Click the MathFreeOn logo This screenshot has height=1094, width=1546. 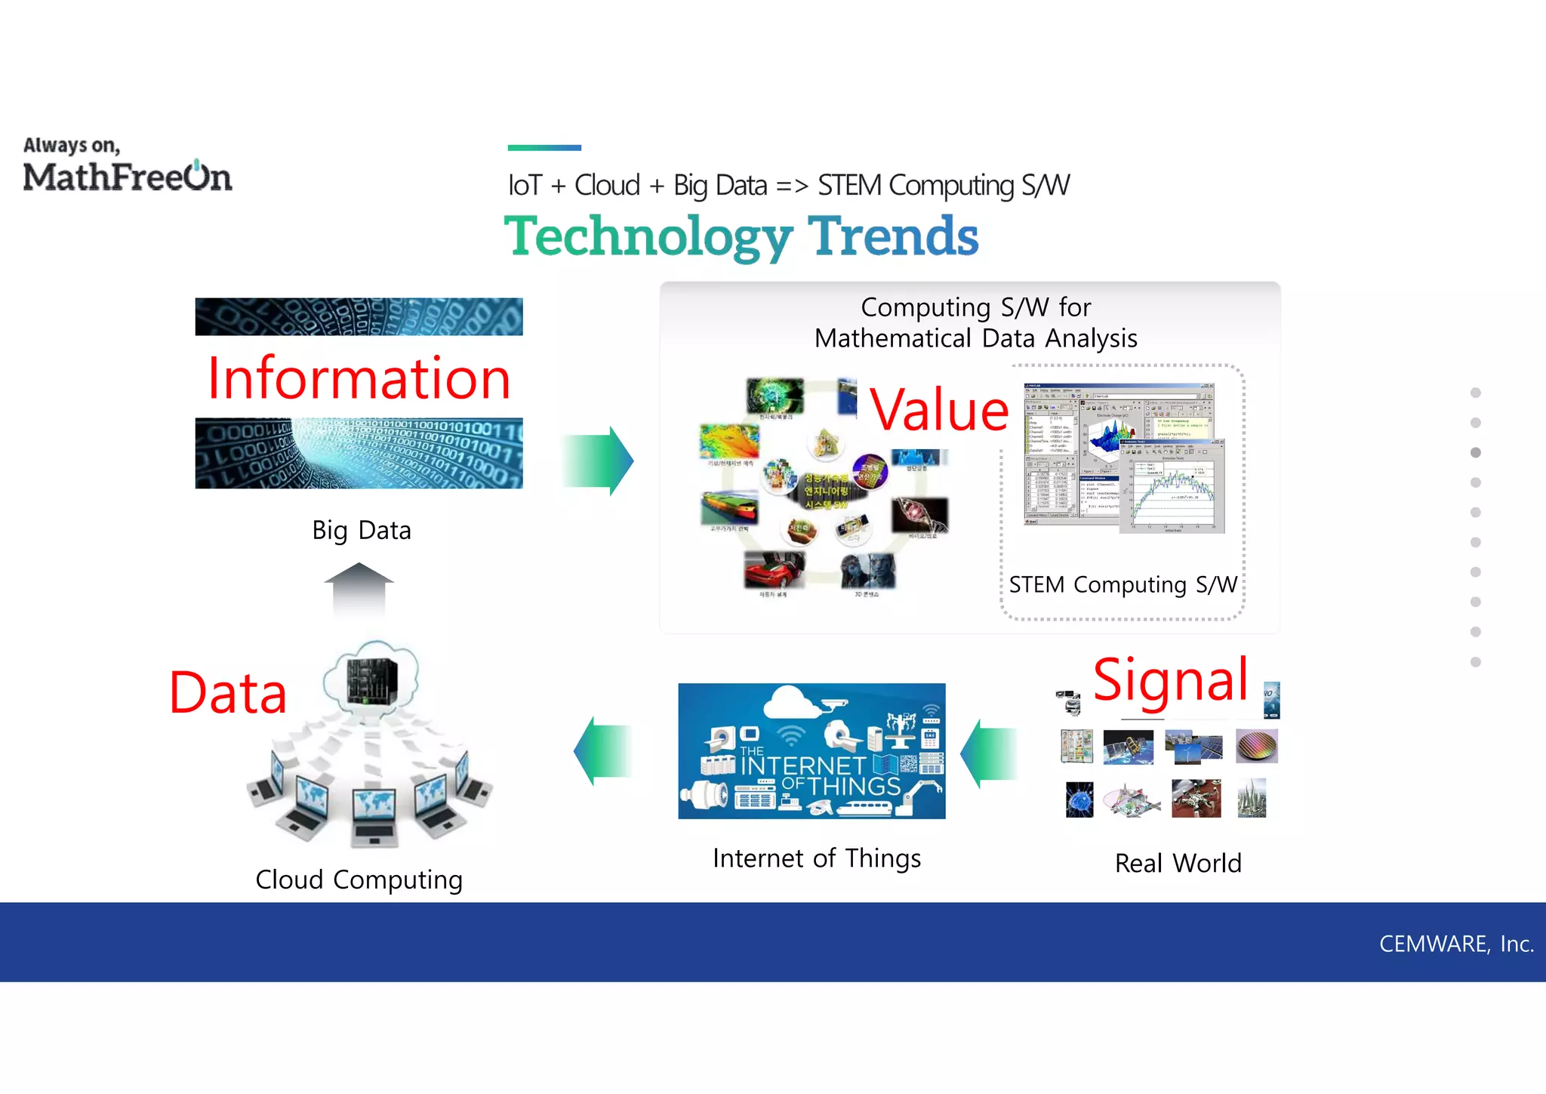pyautogui.click(x=127, y=167)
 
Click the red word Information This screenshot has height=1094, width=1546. pyautogui.click(x=359, y=378)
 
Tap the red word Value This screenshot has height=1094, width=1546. pyautogui.click(x=939, y=410)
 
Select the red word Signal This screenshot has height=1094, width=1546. pyautogui.click(x=1170, y=680)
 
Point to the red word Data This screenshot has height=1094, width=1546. pyautogui.click(x=228, y=693)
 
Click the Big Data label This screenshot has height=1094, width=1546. pyautogui.click(x=362, y=530)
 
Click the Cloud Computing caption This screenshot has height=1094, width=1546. pyautogui.click(x=359, y=880)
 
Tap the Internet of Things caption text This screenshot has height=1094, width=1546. pyautogui.click(x=816, y=858)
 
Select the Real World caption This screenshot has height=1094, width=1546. pyautogui.click(x=1178, y=863)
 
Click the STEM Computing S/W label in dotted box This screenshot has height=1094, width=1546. pyautogui.click(x=1123, y=584)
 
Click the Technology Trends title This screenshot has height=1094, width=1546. pyautogui.click(x=741, y=236)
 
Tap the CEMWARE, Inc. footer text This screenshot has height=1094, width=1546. pyautogui.click(x=1455, y=944)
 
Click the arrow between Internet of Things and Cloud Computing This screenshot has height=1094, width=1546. pyautogui.click(x=602, y=750)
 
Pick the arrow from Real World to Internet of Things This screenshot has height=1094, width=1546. pyautogui.click(x=989, y=753)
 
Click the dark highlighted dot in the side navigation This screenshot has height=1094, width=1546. pyautogui.click(x=1476, y=452)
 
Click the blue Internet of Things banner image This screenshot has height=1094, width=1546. pyautogui.click(x=811, y=750)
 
